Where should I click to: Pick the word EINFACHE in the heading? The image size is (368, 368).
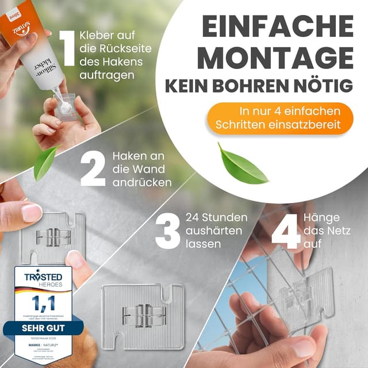(278, 26)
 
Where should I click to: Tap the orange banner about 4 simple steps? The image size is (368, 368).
(281, 117)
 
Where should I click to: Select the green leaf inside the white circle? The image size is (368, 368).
(243, 163)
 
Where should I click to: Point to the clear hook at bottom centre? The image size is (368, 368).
(143, 315)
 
